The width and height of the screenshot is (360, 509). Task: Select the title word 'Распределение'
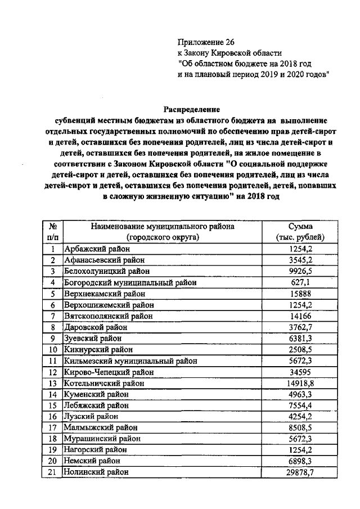pos(191,109)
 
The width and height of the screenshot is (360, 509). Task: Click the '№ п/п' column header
pos(52,232)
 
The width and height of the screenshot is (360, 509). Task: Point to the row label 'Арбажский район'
pos(97,249)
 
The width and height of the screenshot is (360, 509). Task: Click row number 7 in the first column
pos(52,316)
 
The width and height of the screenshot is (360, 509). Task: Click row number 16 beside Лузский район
pos(52,417)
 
